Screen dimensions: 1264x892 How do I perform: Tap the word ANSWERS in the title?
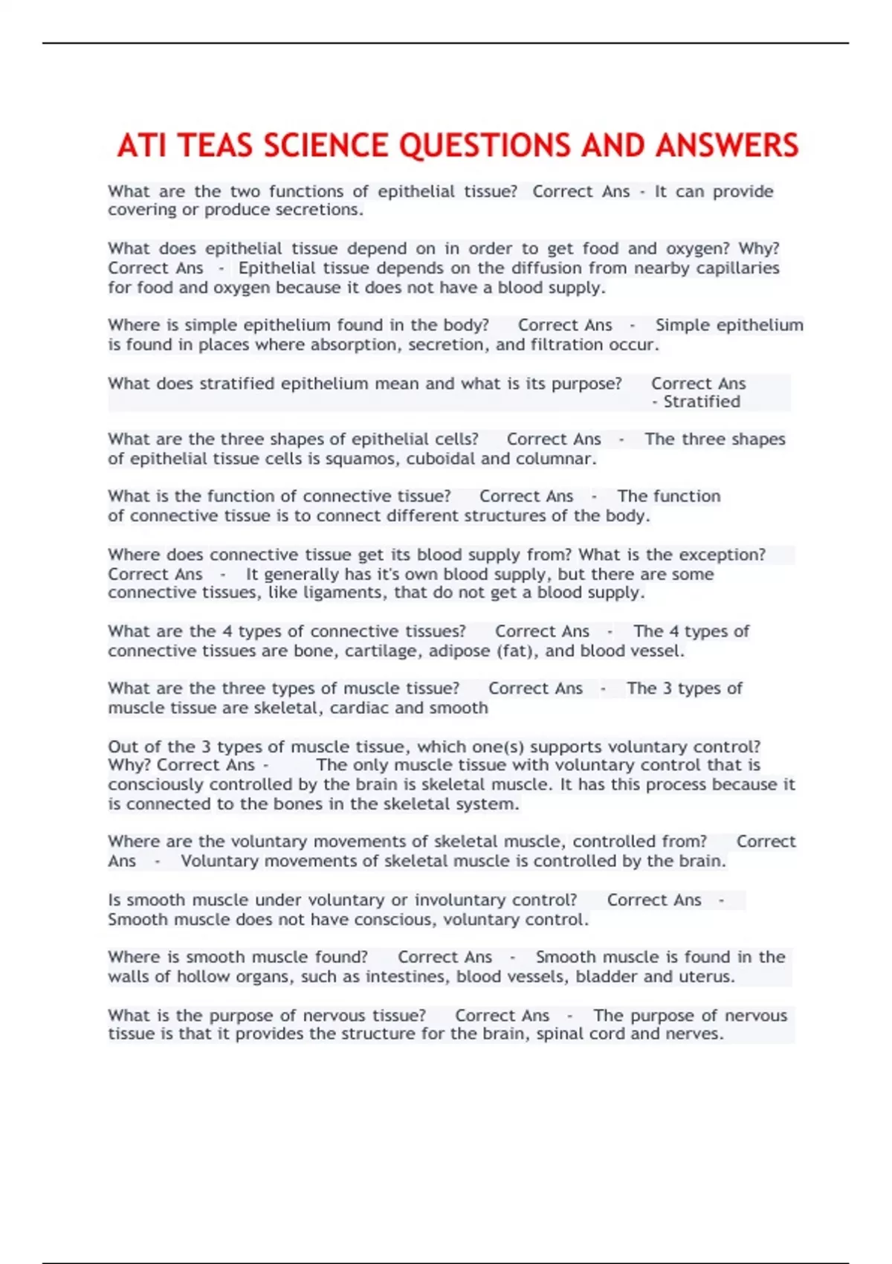(x=726, y=146)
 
